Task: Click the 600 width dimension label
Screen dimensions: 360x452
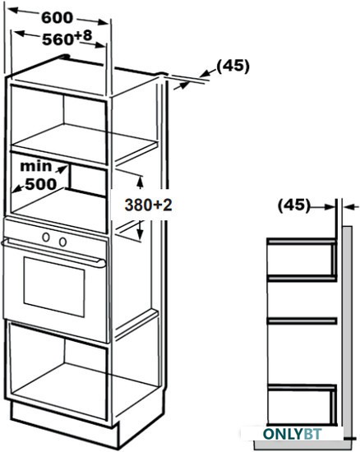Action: [57, 18]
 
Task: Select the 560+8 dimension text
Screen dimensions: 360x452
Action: [67, 38]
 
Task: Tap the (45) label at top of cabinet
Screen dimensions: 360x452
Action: [233, 66]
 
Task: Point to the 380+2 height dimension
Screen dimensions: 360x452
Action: [148, 205]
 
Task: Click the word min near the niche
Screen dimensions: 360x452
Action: [36, 166]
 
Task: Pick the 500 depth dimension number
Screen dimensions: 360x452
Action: [41, 184]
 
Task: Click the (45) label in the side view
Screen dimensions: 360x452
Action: [294, 205]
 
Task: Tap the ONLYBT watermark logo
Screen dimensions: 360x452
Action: [293, 434]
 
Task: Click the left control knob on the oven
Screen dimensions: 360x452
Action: [46, 237]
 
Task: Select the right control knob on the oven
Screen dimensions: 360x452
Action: [62, 242]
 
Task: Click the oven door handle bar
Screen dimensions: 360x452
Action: [53, 251]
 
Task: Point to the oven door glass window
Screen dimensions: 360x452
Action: [54, 287]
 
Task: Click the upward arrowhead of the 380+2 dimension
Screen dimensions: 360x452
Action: [140, 182]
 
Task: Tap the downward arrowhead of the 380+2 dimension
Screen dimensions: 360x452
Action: [140, 233]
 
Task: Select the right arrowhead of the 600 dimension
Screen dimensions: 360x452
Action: [103, 22]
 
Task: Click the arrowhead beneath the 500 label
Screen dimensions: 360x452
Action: [17, 189]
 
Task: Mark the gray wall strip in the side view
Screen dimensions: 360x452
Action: [348, 331]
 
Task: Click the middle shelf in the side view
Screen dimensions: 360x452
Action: [302, 321]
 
